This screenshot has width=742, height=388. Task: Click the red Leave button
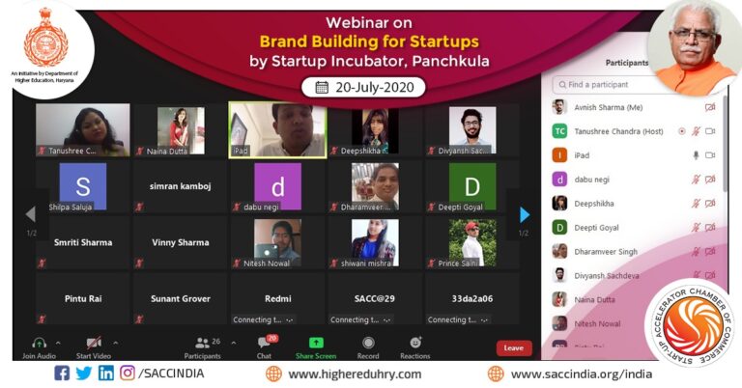click(514, 347)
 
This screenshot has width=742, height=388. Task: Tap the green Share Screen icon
click(315, 343)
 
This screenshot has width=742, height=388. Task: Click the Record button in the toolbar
click(368, 343)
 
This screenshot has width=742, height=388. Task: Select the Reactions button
click(415, 343)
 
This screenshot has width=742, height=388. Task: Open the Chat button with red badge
click(265, 343)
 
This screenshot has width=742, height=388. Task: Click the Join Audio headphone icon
click(40, 343)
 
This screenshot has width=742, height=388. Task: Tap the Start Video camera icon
click(94, 343)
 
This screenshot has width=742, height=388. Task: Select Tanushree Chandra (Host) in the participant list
click(618, 131)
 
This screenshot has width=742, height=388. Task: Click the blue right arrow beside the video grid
click(525, 214)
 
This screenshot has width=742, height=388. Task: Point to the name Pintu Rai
click(83, 298)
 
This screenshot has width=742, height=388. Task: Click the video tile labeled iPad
click(277, 130)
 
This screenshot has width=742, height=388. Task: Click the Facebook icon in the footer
click(62, 374)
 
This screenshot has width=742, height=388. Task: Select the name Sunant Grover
click(181, 298)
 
